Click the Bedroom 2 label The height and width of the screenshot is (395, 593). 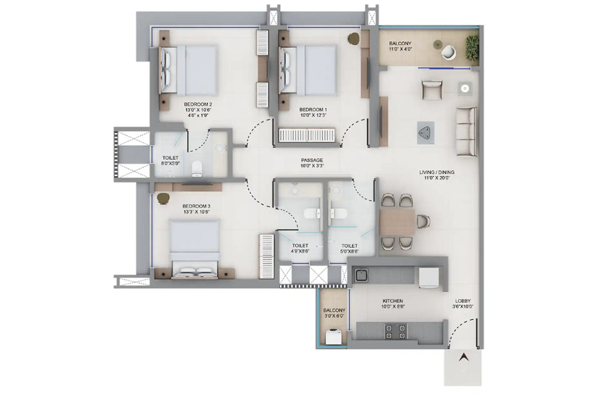coord(198,104)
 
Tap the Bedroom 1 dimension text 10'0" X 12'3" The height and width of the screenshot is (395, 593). coord(313,115)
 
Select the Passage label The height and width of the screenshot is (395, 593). coord(312,160)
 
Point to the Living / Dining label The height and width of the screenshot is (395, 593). coord(436,172)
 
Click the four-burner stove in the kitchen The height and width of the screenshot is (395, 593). coord(395,332)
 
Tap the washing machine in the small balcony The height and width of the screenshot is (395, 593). coord(334,337)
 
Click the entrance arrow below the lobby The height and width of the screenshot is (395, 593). coord(464,357)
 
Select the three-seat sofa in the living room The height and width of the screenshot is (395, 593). coord(466,131)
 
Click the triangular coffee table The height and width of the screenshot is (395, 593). coord(425,132)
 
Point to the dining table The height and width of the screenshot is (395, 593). coord(397,222)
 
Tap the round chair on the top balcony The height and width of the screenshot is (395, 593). coord(449,52)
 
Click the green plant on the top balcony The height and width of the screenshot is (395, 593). coord(472,48)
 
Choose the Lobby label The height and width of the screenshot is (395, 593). coord(463,301)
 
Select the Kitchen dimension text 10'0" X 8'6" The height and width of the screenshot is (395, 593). coord(393,307)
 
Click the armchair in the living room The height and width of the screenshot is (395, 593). coord(432,90)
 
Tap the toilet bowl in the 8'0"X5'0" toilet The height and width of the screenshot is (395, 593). coord(197,169)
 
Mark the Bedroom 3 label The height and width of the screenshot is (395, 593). coord(196,206)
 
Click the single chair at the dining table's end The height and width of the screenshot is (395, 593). coord(424,221)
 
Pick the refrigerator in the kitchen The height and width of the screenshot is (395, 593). coord(428,277)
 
